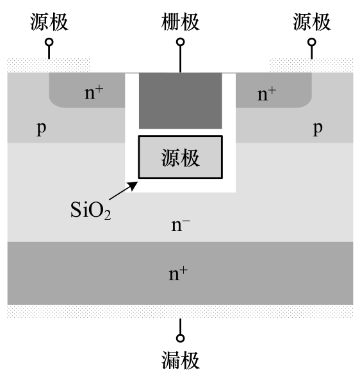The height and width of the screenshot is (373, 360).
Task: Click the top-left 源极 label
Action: [x=49, y=22]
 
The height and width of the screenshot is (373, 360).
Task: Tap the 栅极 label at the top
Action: [x=181, y=22]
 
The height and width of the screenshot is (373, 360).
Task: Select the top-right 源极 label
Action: [x=312, y=22]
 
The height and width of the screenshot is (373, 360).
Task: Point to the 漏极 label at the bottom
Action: [x=181, y=360]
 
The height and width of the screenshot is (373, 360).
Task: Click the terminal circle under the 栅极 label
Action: [x=181, y=42]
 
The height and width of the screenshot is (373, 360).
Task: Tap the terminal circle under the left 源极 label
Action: [x=49, y=42]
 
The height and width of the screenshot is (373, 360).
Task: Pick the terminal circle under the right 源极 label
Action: [x=312, y=42]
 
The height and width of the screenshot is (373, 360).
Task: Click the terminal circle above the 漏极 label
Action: [x=181, y=338]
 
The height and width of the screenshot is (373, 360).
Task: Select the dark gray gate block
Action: [x=181, y=101]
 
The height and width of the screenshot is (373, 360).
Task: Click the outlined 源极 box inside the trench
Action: [x=181, y=157]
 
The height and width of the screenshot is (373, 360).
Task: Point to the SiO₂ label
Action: [x=90, y=210]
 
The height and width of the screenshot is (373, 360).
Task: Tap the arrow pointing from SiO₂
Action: [x=124, y=191]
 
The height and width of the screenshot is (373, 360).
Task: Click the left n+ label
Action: [x=94, y=93]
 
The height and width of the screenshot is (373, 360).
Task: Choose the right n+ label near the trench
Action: [x=266, y=94]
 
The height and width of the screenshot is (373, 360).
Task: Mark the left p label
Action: [x=42, y=129]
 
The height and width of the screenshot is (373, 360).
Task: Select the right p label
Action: [x=318, y=129]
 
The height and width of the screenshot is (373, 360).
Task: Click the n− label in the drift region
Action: [x=181, y=225]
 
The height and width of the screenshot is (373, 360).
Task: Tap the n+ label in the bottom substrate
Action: [x=178, y=274]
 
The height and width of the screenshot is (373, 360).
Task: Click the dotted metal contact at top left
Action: [x=49, y=65]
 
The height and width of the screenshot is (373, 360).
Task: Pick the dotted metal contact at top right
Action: [x=311, y=65]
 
